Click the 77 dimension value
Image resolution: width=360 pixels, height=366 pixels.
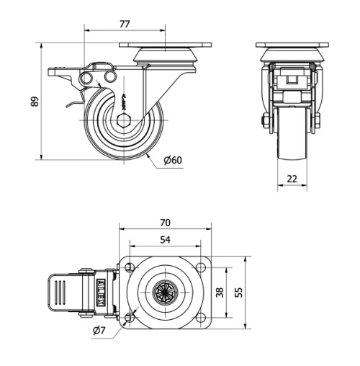pyautogui.click(x=124, y=24)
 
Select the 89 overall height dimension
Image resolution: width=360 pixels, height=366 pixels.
pyautogui.click(x=34, y=102)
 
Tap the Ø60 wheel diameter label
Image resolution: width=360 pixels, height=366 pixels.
pyautogui.click(x=172, y=160)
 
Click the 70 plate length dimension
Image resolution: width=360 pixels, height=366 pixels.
pyautogui.click(x=166, y=223)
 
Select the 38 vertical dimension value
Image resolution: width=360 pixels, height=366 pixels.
pyautogui.click(x=220, y=292)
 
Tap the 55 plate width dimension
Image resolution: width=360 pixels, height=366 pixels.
pyautogui.click(x=238, y=292)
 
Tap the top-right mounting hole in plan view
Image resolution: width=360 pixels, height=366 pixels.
pyautogui.click(x=201, y=268)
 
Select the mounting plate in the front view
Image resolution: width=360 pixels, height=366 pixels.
pyautogui.click(x=292, y=47)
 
